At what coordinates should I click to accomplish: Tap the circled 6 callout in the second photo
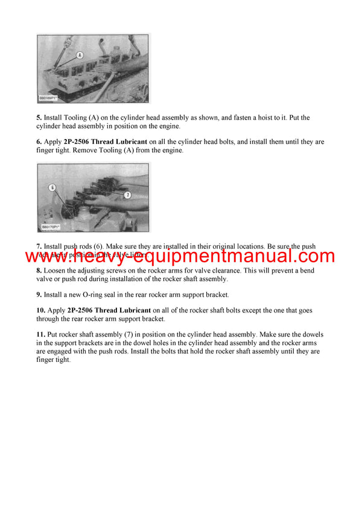point(53,188)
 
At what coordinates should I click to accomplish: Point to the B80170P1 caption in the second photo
point(52,228)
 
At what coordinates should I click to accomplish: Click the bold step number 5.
point(39,118)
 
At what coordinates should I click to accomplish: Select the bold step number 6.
point(39,142)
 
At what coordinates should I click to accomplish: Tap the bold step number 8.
point(39,271)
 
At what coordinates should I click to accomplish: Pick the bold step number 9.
point(39,294)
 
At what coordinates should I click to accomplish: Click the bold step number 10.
point(41,310)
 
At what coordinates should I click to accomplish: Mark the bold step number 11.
point(41,334)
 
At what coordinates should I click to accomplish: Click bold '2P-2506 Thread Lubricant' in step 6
point(108,142)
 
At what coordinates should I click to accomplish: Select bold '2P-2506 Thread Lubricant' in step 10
point(108,310)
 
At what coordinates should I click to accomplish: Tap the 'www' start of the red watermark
point(46,256)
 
